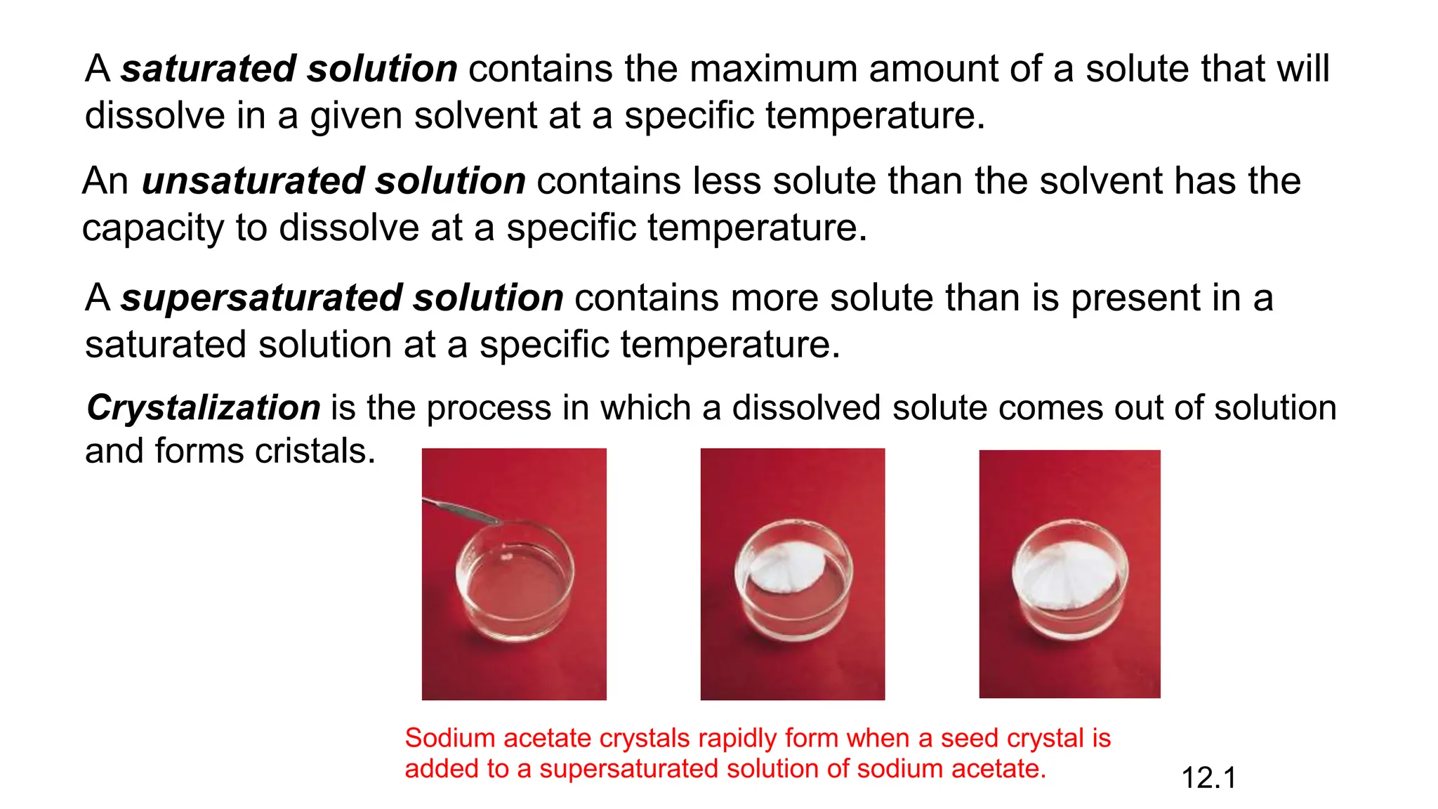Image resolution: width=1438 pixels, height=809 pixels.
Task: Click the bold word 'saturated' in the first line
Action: click(208, 69)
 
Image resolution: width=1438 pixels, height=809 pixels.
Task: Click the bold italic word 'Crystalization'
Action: click(204, 408)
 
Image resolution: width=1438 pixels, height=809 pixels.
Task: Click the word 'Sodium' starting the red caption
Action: click(450, 738)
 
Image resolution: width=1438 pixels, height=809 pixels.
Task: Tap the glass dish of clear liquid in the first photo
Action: click(515, 583)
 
